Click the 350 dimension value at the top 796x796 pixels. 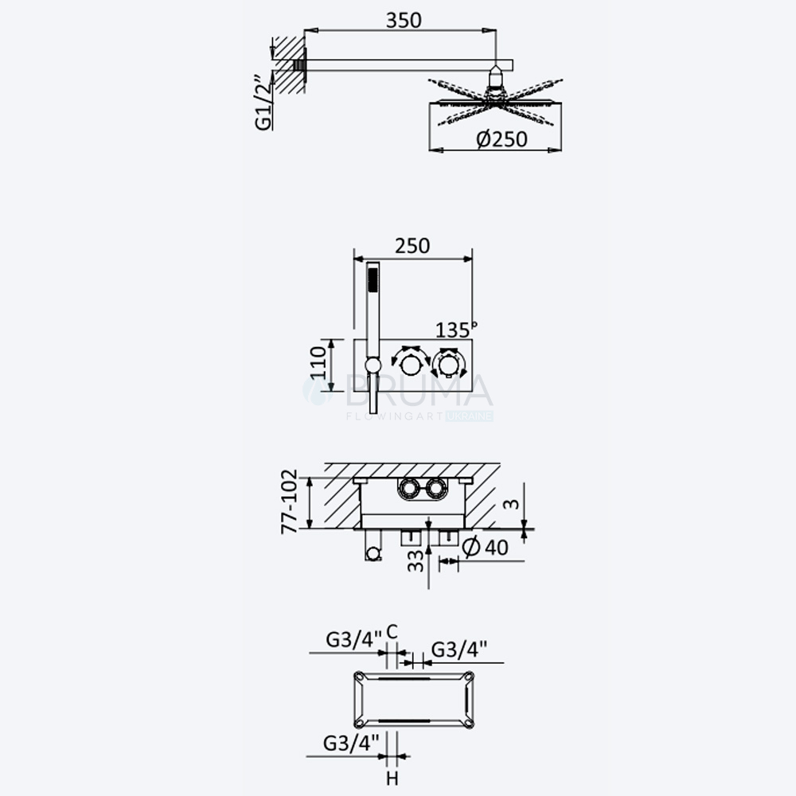(x=404, y=21)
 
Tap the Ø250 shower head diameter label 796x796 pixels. (x=501, y=139)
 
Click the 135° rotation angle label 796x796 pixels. (x=456, y=330)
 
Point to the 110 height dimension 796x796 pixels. (x=318, y=362)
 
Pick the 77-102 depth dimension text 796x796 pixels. (x=289, y=501)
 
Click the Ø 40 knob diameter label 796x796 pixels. (x=486, y=547)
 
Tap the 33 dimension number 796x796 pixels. (x=416, y=560)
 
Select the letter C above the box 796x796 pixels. (x=392, y=632)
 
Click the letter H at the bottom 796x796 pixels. (x=392, y=778)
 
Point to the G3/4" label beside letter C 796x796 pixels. (x=354, y=640)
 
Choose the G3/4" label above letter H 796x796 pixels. (x=351, y=743)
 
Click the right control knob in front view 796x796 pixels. (x=448, y=364)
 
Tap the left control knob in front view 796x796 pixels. (x=410, y=364)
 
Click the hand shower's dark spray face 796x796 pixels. (x=373, y=279)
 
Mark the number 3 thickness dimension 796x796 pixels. (x=511, y=504)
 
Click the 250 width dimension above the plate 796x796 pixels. (x=412, y=246)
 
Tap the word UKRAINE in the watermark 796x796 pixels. (x=470, y=416)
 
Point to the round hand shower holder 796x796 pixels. (x=373, y=365)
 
